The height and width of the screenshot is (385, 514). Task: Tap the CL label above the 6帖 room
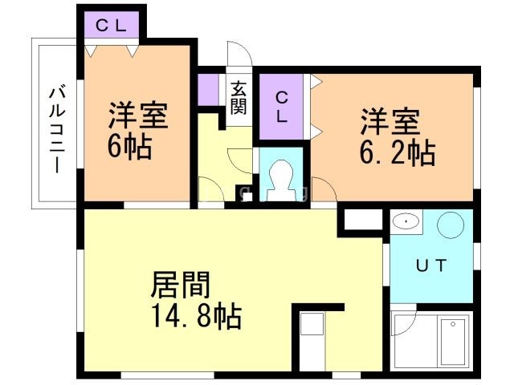click(x=112, y=25)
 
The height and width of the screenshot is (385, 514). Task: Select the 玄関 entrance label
click(x=239, y=98)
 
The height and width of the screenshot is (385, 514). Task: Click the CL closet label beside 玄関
click(x=281, y=107)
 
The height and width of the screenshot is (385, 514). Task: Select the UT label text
click(x=430, y=264)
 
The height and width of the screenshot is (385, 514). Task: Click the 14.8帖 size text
click(x=196, y=316)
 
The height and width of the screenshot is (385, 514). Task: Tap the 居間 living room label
click(x=181, y=286)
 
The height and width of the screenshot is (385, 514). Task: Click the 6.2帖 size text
click(x=399, y=151)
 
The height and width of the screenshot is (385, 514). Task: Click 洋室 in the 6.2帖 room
click(x=390, y=123)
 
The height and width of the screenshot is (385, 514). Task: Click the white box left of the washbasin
click(x=363, y=221)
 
